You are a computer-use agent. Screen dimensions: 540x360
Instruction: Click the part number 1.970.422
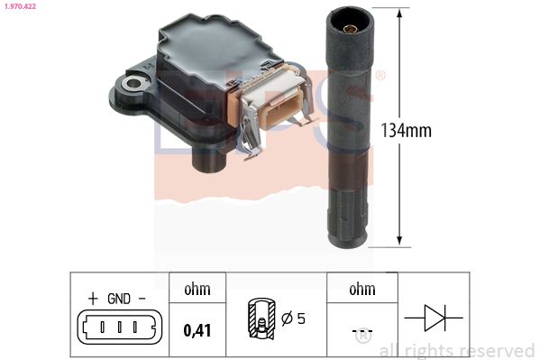point(20,6)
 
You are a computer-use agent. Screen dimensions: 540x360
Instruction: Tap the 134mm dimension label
point(406,131)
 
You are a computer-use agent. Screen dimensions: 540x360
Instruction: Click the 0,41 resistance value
point(197,330)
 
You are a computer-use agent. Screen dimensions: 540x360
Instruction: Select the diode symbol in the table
point(434,318)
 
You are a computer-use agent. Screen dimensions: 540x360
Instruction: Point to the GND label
point(119,299)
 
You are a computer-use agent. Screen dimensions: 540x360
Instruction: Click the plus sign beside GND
point(93,299)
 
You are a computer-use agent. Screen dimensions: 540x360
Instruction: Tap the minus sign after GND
point(142,299)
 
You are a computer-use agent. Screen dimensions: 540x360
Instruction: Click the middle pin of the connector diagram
point(119,327)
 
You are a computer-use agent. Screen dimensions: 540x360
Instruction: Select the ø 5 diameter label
point(293,318)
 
